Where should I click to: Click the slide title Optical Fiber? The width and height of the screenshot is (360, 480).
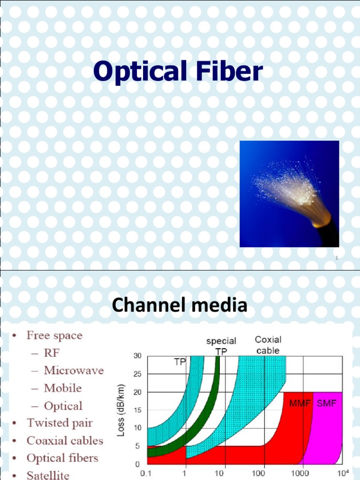[178, 72]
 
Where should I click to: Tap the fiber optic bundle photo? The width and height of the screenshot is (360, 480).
[289, 194]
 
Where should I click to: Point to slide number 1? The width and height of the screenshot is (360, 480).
[337, 258]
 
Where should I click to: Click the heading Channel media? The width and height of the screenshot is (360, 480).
[180, 306]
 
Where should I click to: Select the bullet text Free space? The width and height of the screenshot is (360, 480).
[54, 336]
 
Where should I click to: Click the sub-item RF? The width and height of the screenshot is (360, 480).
[52, 353]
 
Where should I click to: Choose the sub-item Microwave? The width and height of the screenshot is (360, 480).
[74, 370]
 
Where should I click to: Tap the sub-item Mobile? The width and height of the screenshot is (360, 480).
[62, 388]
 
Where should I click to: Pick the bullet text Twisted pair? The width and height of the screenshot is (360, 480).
[60, 423]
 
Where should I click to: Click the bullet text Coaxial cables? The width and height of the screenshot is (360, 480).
[65, 441]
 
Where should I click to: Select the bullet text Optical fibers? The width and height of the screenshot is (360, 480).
[62, 458]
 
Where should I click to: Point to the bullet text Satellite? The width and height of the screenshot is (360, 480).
[48, 475]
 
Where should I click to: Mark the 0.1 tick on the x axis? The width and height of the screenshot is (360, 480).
[146, 473]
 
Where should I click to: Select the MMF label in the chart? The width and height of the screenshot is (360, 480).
[300, 404]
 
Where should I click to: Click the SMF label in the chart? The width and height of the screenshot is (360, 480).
[327, 404]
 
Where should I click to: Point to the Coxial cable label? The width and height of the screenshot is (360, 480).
[268, 345]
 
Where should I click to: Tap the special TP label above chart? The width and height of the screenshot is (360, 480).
[221, 346]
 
